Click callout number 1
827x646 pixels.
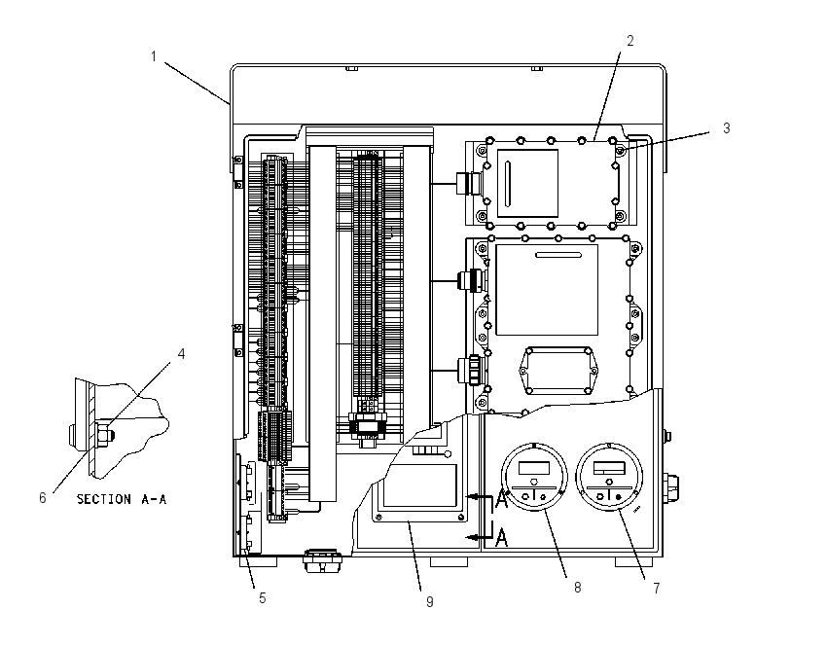154,55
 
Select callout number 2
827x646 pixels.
629,41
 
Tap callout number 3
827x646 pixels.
726,128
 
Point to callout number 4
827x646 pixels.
181,354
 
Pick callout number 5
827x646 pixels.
262,598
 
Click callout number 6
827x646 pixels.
43,498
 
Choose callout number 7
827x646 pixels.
656,588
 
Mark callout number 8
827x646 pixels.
578,588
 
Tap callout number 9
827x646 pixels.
430,601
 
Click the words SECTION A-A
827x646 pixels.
122,499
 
